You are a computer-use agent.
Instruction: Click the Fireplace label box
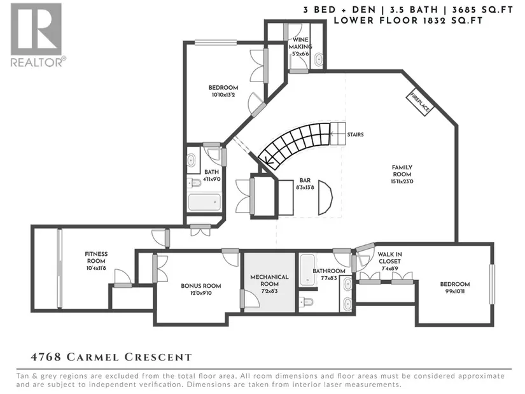pos(420,102)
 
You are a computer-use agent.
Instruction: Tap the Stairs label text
pos(355,135)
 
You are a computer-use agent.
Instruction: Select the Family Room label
pos(402,171)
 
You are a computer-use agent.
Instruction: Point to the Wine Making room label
pos(300,43)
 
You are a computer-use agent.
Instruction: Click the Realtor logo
pos(36,35)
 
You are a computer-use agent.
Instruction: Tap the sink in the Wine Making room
pos(319,60)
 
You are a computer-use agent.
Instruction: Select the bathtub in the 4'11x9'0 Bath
pos(204,202)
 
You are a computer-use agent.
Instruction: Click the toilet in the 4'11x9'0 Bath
pos(193,183)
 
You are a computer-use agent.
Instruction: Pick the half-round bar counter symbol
pos(325,198)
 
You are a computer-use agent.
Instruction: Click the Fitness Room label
pos(96,257)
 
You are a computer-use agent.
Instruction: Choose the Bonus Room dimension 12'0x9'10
pos(201,293)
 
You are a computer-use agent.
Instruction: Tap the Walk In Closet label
pos(389,258)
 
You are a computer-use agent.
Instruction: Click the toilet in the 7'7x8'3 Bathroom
pos(306,302)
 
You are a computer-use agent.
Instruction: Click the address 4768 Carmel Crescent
pos(111,357)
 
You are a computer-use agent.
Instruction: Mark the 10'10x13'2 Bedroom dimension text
pos(223,95)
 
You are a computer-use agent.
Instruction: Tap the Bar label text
pos(305,180)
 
